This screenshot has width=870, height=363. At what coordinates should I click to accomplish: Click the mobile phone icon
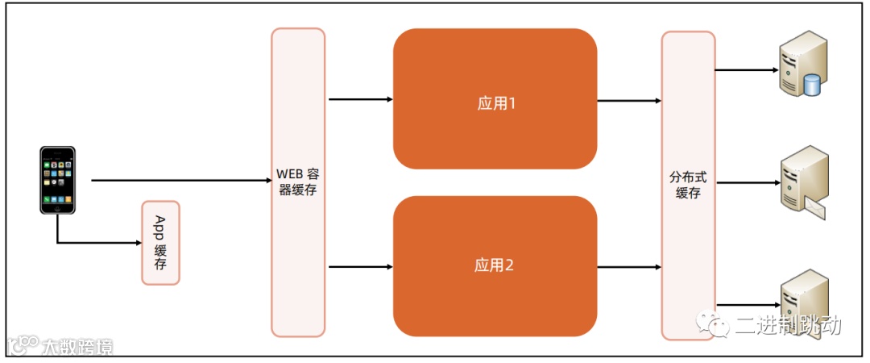point(58,180)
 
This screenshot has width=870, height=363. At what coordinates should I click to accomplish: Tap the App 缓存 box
point(160,243)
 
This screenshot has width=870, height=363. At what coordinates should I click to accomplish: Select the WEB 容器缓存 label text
point(298,182)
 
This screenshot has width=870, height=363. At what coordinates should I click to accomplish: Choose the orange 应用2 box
point(495,265)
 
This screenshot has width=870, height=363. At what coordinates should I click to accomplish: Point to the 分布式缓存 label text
point(688,184)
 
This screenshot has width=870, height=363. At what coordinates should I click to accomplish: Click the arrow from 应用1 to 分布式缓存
point(629,101)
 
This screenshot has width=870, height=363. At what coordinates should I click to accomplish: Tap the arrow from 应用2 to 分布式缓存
point(629,265)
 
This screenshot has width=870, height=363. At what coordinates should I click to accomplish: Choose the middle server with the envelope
point(804,182)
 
